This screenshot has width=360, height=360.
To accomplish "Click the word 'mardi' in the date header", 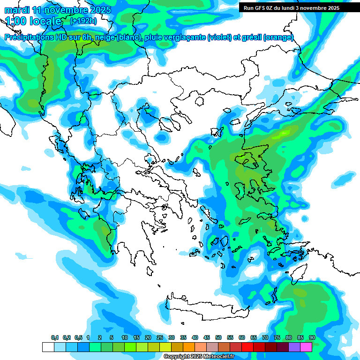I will click(17, 10).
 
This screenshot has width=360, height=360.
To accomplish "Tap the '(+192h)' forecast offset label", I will click(83, 21).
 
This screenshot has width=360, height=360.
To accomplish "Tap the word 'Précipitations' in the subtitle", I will click(30, 37).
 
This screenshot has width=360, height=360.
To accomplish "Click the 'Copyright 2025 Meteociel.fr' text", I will click(199, 357).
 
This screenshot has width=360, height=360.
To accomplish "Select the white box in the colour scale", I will click(48, 347).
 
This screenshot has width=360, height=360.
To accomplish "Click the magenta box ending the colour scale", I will click(306, 347).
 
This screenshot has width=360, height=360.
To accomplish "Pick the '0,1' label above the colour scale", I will click(55, 338).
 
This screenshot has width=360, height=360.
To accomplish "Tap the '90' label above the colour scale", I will click(312, 338).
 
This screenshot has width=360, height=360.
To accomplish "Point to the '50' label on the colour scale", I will click(218, 338).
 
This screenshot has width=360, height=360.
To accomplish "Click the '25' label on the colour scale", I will click(160, 338).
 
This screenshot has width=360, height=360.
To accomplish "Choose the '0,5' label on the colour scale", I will click(78, 338).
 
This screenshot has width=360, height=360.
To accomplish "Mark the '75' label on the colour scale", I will click(277, 338).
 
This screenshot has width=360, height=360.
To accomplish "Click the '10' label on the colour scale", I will click(125, 338).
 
